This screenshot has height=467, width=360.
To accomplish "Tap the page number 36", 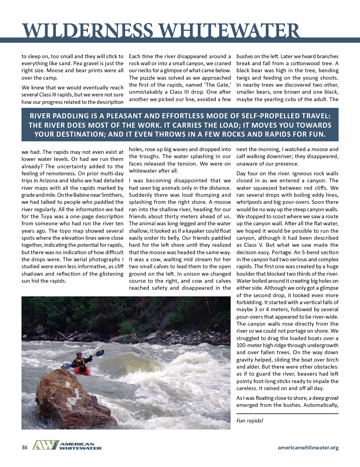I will [25, 447].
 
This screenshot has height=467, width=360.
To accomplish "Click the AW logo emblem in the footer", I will [45, 446].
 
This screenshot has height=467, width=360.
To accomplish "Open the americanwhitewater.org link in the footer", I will [308, 447].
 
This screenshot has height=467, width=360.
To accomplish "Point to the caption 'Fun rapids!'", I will [250, 421].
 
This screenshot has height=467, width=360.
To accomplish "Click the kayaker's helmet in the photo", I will [79, 355].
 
